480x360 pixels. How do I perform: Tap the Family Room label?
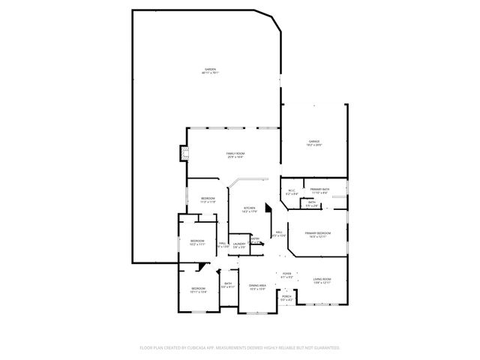(235, 154)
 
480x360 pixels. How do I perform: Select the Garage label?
(314, 142)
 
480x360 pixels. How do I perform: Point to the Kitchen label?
(250, 209)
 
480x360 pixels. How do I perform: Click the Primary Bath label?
(320, 190)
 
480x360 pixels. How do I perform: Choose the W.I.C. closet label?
(292, 192)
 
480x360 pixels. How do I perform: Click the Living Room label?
(322, 281)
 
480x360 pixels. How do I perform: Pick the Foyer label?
(286, 274)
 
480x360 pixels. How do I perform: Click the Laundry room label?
(239, 245)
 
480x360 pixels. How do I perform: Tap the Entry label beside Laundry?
(255, 241)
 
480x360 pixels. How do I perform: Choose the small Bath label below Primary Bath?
(312, 203)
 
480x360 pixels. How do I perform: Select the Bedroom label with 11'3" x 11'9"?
(208, 199)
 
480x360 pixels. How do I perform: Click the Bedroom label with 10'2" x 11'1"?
(197, 242)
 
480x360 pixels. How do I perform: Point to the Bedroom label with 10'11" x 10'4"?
(198, 289)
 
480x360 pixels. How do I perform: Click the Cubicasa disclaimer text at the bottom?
(240, 348)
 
